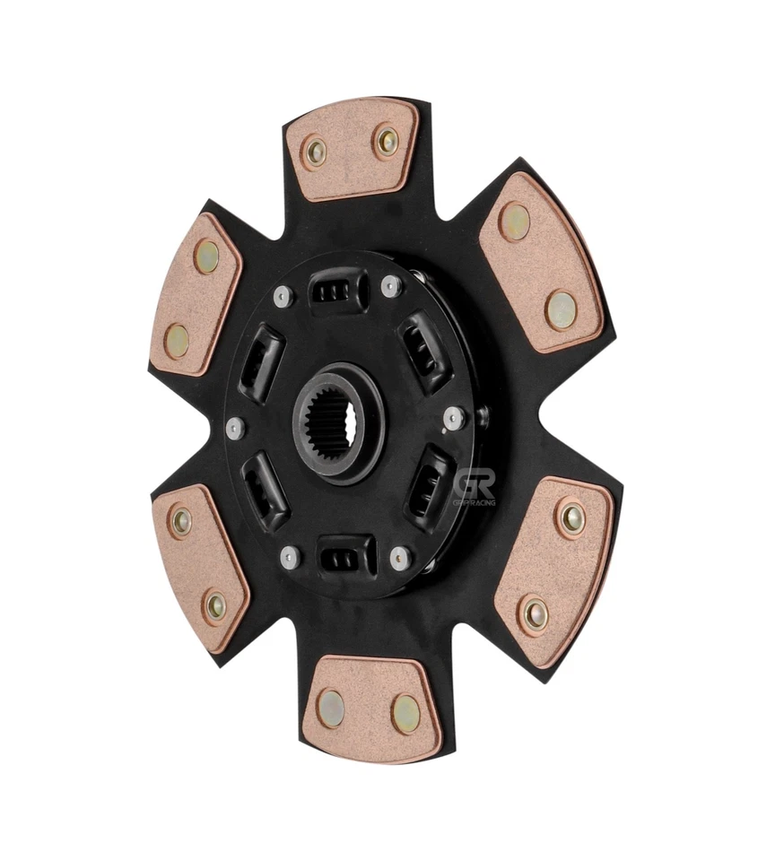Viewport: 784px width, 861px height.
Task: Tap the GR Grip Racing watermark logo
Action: [474, 491]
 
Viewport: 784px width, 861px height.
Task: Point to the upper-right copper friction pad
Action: [540, 261]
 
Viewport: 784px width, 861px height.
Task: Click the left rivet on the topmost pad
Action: [315, 152]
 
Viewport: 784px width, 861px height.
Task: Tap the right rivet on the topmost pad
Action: [387, 140]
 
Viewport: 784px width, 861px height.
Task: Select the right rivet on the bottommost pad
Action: [405, 713]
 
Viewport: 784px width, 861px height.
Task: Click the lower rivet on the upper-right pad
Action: [561, 309]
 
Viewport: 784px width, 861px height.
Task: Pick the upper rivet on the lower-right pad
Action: [570, 517]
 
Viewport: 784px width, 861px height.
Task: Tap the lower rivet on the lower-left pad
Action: [216, 607]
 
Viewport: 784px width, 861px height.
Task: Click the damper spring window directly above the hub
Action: [338, 290]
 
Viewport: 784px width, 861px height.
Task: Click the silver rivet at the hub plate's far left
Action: [235, 428]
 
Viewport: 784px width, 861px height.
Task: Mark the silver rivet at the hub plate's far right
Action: [454, 416]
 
